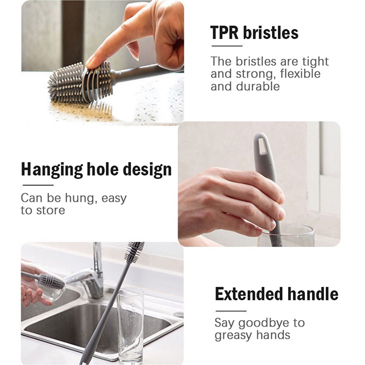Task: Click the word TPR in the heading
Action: click(x=224, y=32)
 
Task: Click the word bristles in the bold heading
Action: click(x=271, y=32)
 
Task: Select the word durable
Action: click(x=258, y=86)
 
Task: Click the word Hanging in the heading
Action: click(x=52, y=170)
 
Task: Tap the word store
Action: click(x=50, y=210)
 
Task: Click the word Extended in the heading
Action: click(x=249, y=294)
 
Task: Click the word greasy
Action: click(x=234, y=335)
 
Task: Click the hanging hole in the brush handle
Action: click(x=262, y=146)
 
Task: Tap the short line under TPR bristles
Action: click(x=227, y=46)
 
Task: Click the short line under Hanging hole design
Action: click(x=38, y=185)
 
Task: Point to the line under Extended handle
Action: click(x=231, y=311)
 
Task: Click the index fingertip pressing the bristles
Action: click(x=91, y=62)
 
